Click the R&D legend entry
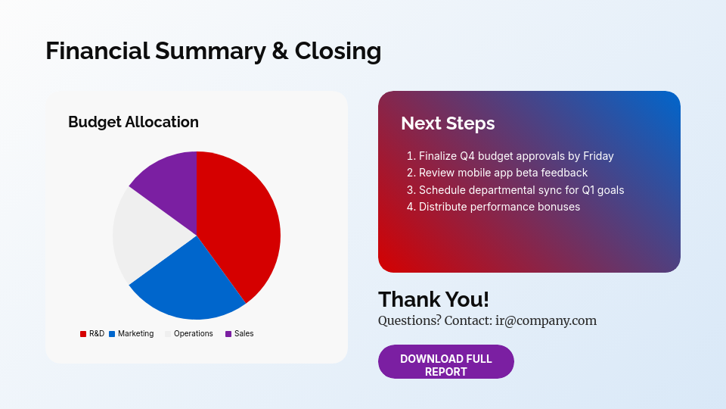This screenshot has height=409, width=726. [92, 333]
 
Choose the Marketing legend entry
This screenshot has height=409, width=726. [131, 333]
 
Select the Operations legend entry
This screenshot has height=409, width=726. [189, 333]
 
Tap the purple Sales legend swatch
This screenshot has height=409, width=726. [228, 334]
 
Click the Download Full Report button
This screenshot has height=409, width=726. [446, 362]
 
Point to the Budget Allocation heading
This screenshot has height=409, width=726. [133, 122]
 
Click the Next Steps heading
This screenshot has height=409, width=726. [448, 123]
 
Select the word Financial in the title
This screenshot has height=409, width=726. [98, 51]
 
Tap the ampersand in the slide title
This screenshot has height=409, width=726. [280, 51]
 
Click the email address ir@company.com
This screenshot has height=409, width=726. [546, 320]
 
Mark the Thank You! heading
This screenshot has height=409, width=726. [433, 299]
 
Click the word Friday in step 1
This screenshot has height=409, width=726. [598, 156]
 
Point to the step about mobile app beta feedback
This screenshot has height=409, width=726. [498, 173]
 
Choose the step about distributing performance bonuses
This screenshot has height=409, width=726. [494, 207]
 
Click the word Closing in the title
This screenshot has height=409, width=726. [338, 51]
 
